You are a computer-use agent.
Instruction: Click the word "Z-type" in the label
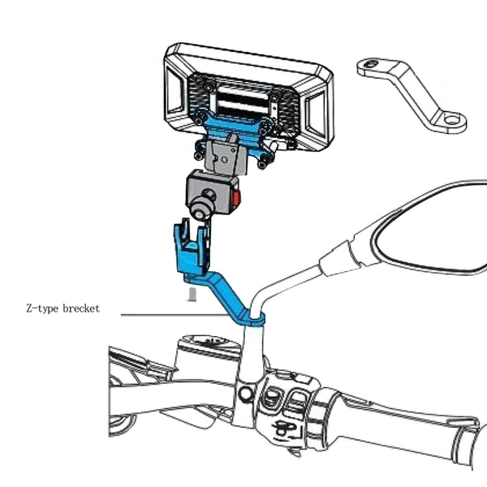(x=41, y=309)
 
